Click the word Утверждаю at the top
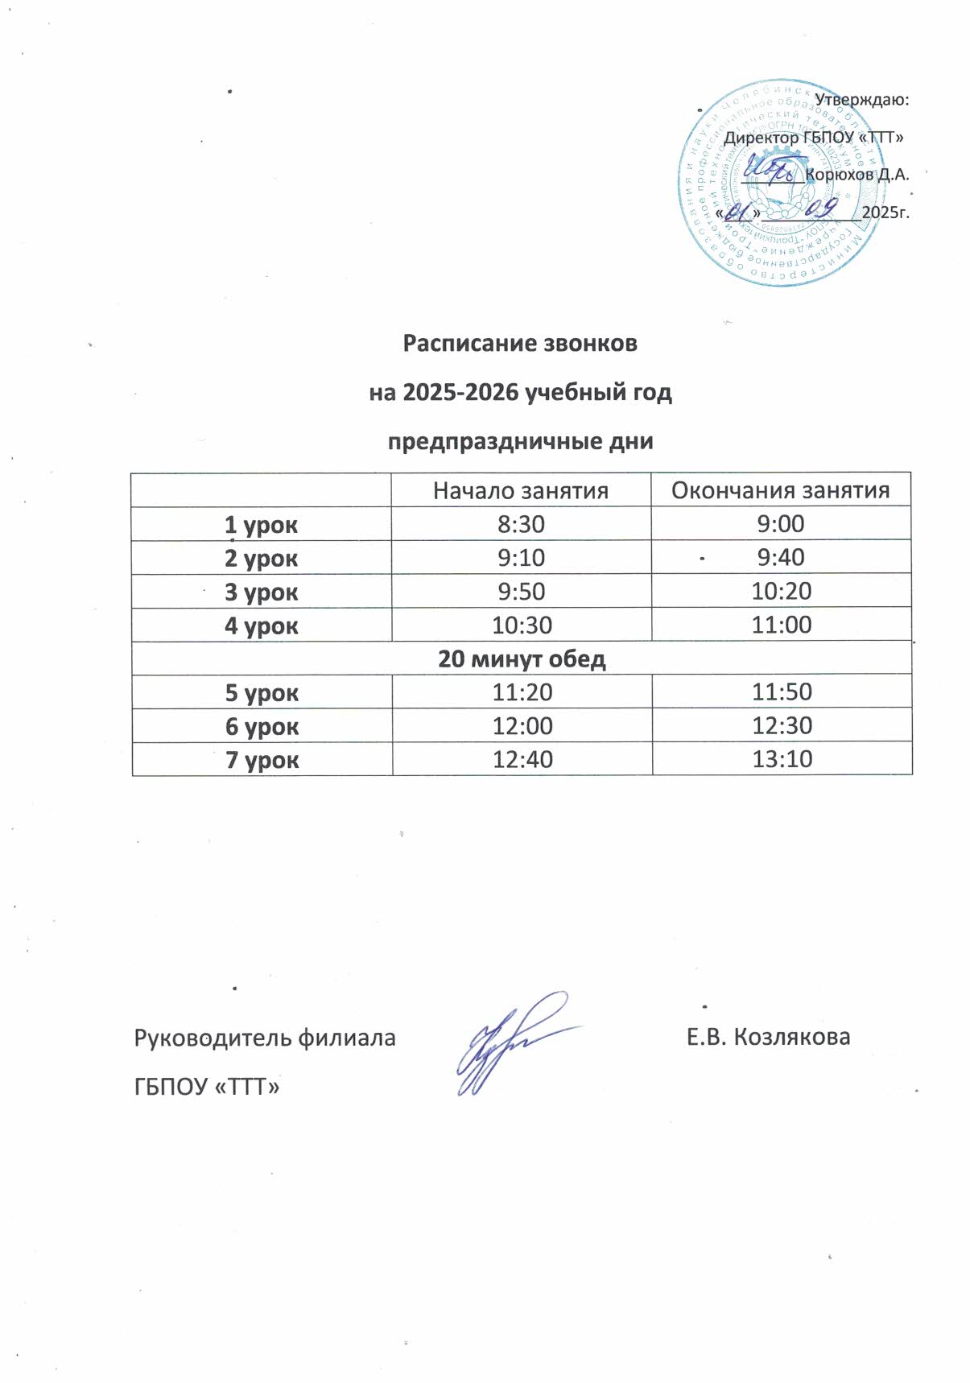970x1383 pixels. pos(861,101)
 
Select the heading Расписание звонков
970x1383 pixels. pos(520,344)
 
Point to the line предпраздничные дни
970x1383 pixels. pos(520,442)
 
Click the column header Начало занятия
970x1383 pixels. pos(520,490)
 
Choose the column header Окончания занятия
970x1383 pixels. pos(780,490)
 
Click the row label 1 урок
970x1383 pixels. pos(262,525)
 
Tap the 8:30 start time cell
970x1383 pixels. pos(521,525)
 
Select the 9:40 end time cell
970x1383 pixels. pos(781,557)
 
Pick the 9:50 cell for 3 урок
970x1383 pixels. pos(521,592)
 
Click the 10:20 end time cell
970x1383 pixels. pos(781,592)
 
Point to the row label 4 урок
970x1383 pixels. pos(262,625)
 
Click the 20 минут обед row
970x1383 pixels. pos(522,659)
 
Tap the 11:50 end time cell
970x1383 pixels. pos(782,692)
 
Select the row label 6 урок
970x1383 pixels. pos(262,727)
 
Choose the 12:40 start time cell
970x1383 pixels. pos(522,759)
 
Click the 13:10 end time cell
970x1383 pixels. pos(782,759)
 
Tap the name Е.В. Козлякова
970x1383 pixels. pos(768,1037)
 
